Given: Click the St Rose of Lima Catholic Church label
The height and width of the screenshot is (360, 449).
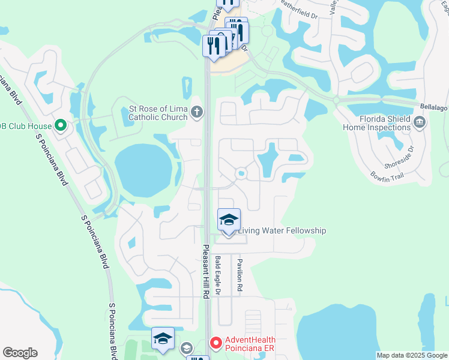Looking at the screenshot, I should pos(158,113).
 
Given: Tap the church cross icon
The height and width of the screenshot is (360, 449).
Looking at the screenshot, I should pos(196,112).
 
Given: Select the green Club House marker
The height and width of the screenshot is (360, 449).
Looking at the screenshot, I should pos(60,125).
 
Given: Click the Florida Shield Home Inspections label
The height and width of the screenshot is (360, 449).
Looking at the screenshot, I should pos(376,123).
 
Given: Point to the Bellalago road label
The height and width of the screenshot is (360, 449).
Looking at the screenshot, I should pos(433,105).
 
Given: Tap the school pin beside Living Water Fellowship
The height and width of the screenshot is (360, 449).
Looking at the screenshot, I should pos(229,220).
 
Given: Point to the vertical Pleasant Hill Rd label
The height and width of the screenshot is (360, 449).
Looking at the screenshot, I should pos(205,271).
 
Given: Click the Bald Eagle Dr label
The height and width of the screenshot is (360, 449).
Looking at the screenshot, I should pos(218,275).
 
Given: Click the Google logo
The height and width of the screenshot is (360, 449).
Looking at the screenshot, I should pos(20,353).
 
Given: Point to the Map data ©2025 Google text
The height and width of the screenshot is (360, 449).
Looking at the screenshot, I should pos(412,355).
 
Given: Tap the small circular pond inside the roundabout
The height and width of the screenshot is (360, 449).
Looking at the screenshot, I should pos(241,173).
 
